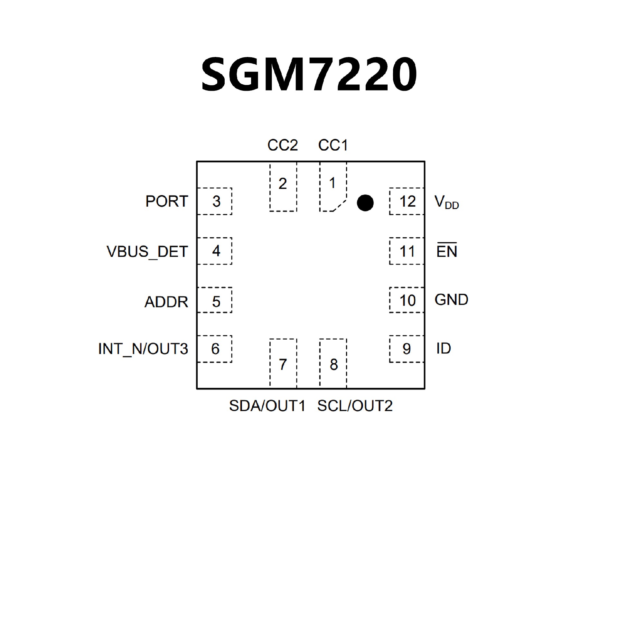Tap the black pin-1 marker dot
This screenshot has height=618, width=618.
(365, 203)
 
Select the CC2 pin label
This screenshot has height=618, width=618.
(283, 145)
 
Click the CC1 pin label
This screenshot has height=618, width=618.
(333, 145)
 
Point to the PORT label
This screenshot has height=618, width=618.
(166, 201)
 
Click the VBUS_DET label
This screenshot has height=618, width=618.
(147, 252)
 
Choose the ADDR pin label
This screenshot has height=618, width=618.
(166, 302)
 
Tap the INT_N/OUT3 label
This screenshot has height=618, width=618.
(143, 349)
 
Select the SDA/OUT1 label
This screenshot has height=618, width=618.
(267, 406)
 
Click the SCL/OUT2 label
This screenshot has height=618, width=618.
(355, 406)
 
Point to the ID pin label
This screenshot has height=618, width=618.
(444, 349)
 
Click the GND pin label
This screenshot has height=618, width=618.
(451, 300)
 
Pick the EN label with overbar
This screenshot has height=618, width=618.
(447, 251)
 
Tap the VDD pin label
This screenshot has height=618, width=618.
(446, 202)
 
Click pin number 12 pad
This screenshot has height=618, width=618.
(407, 201)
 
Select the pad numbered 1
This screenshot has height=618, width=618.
(333, 187)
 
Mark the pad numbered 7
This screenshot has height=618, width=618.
(283, 364)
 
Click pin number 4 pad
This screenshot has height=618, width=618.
(215, 251)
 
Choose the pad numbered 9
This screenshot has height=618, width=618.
(407, 349)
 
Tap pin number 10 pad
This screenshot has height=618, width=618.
(407, 300)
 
